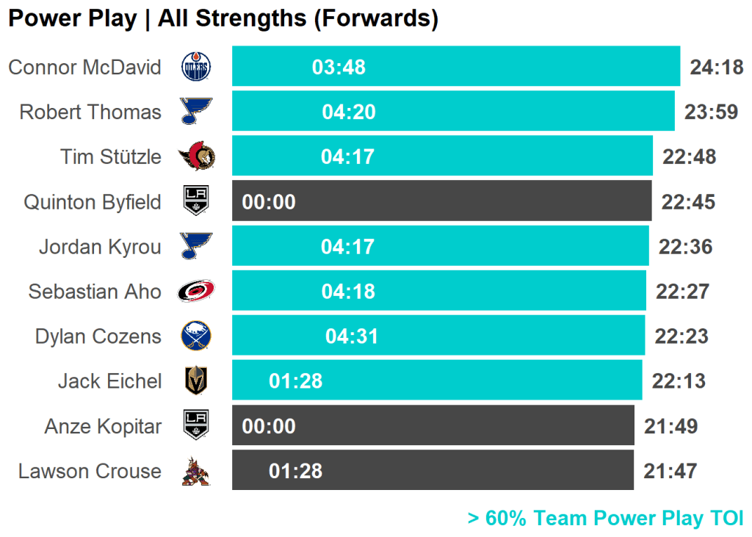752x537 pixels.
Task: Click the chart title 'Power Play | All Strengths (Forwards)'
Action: tap(223, 19)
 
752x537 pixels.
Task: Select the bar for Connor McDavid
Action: tap(455, 67)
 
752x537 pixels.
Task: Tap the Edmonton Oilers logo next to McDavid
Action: tap(195, 68)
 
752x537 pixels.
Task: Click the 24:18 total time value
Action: tap(717, 68)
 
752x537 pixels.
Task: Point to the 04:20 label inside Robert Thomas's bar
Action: tap(349, 112)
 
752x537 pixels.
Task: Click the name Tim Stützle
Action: tap(111, 157)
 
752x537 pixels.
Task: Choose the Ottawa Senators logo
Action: tap(196, 156)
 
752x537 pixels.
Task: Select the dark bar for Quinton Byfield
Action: tap(441, 201)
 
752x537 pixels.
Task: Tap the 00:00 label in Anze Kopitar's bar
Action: tap(269, 427)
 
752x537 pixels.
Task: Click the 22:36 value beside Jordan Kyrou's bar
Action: tap(686, 247)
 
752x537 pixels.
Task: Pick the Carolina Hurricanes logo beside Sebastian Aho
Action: tap(196, 292)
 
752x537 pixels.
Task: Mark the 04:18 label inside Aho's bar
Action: tap(348, 292)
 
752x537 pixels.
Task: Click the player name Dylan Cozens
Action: tap(98, 336)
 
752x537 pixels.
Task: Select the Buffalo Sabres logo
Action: tap(196, 336)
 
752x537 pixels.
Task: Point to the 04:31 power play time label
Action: tap(352, 336)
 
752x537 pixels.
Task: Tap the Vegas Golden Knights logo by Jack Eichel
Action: tap(196, 381)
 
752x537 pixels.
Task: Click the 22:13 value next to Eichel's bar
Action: tap(679, 381)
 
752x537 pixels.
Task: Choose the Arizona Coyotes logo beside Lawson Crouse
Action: tap(196, 472)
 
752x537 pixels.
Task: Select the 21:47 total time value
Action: tap(670, 472)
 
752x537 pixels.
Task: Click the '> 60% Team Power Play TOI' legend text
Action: tap(605, 519)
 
